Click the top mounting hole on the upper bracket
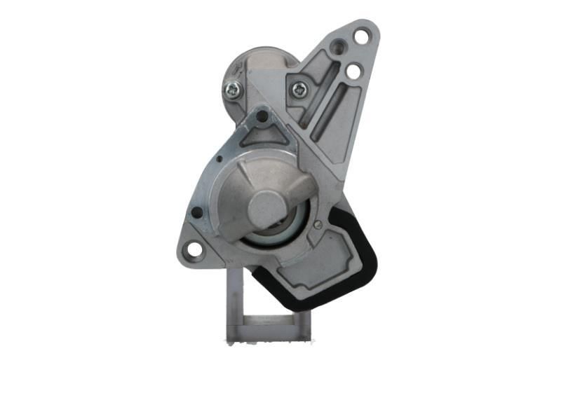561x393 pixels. coord(362,35)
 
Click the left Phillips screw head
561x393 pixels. coord(232,89)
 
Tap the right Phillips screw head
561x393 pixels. coord(299,89)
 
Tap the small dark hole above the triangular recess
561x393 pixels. coord(262,116)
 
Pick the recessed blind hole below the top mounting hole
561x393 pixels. coord(339,48)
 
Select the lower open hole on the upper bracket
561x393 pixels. coord(353,71)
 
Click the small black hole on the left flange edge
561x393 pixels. coord(197,212)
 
